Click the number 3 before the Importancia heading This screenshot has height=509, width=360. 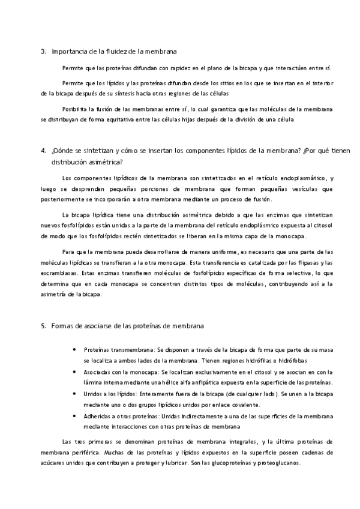43,52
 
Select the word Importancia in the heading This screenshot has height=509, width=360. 69,52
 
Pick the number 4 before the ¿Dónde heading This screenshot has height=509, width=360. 43,151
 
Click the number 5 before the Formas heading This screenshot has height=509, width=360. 43,326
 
